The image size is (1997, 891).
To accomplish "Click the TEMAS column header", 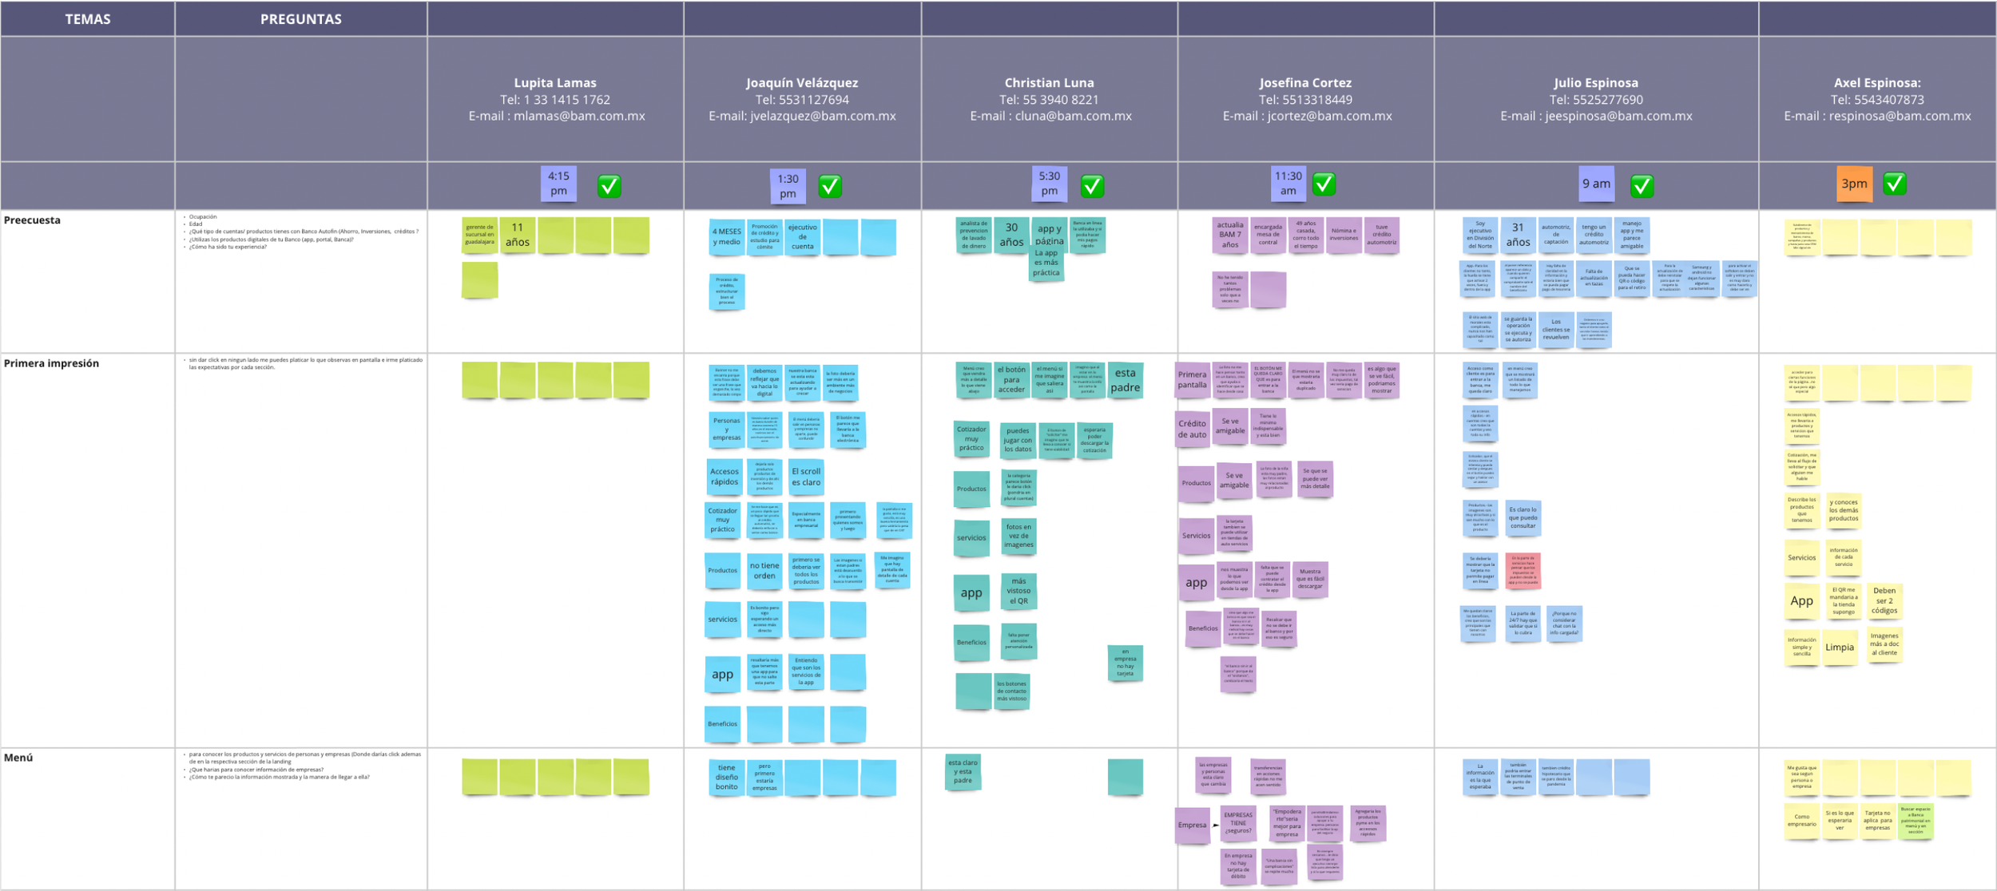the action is pos(88,19).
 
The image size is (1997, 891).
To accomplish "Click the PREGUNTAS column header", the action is pos(300,19).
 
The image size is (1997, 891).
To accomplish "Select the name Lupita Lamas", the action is pos(554,83).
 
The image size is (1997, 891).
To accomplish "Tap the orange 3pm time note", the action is pos(1853,184).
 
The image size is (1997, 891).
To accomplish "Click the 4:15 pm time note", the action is pos(558,184).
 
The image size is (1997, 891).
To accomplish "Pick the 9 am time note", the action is pos(1596,184).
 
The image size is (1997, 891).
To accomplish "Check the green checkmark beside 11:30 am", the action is pos(1324,184).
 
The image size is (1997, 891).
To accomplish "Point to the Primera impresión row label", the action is pos(51,363).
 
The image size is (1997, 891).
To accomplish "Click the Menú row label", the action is pos(18,758).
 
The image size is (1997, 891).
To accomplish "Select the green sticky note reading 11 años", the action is pos(518,236).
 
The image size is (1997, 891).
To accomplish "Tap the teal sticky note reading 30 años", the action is pos(1011,235).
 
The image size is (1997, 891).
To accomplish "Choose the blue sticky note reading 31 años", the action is pos(1518,236).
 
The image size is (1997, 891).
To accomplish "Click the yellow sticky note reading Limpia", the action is pos(1839,647).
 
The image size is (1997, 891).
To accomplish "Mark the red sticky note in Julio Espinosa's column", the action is pos(1523,571).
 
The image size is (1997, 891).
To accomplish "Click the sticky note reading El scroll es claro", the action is pos(805,477).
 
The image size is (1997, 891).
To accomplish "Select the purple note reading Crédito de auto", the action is pos(1192,430).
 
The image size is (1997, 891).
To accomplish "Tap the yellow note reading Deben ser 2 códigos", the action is pos(1884,600).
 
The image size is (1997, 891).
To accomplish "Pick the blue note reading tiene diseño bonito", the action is pos(726,778).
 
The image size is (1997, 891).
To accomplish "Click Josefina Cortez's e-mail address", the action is pos(1307,117).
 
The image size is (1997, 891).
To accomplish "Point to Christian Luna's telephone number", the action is pos(1049,100).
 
